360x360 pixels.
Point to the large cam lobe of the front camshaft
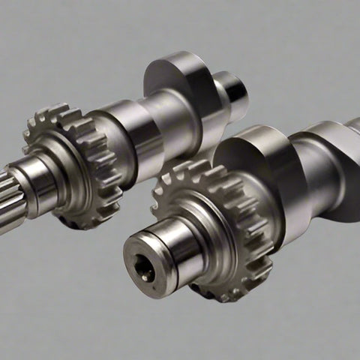click(259, 161)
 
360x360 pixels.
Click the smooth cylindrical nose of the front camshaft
click(169, 251)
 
